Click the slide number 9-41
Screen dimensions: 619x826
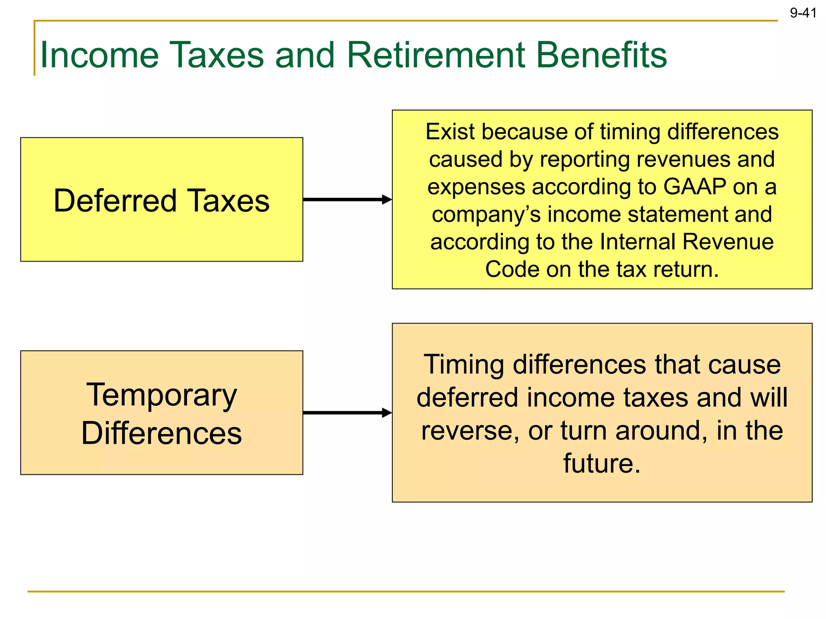coord(803,13)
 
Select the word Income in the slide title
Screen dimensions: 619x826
coord(100,55)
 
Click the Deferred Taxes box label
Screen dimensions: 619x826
coord(161,201)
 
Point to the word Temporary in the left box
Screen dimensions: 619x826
coord(161,395)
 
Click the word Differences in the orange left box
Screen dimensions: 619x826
coord(161,433)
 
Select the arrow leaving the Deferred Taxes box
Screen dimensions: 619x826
coord(347,199)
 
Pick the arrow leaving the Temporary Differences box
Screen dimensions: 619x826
coord(347,413)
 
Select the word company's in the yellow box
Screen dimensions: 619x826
coord(486,214)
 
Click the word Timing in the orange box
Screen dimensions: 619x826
coord(464,365)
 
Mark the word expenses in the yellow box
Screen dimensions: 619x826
coord(476,187)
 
